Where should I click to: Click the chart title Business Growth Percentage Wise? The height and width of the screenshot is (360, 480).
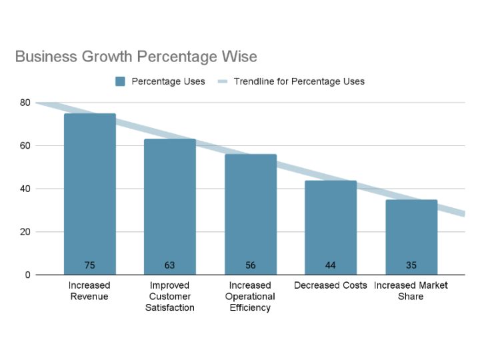coord(135,56)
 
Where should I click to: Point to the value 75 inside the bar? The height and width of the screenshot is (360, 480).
coord(90,265)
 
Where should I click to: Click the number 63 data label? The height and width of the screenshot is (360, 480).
coord(170,265)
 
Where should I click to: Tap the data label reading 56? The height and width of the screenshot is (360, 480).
coord(251,265)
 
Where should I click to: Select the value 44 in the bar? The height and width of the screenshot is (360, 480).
coord(331,265)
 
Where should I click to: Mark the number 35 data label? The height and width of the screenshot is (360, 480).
coord(411,265)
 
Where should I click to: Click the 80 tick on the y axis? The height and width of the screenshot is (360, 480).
coord(25,103)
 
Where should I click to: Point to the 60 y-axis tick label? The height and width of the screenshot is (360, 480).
coord(25,146)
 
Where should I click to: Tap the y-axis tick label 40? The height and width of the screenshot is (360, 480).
coord(25,189)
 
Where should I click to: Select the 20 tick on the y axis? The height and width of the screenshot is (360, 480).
coord(25,232)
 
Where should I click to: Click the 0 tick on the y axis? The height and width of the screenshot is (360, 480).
coord(27,275)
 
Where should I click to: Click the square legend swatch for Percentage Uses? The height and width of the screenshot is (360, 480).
coord(121,81)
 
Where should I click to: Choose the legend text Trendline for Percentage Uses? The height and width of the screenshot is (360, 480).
coord(299,81)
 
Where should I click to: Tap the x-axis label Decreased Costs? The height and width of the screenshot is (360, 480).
coord(331,285)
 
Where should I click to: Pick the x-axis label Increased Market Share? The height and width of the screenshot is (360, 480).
coord(411,291)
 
